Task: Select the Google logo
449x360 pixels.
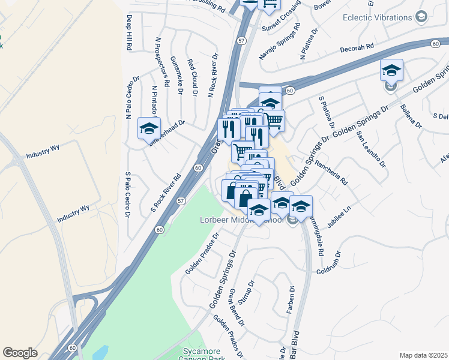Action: pyautogui.click(x=20, y=353)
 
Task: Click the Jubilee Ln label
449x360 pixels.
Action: pyautogui.click(x=339, y=218)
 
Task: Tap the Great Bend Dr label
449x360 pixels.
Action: pyautogui.click(x=237, y=307)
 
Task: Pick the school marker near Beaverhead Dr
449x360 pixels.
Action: pyautogui.click(x=149, y=128)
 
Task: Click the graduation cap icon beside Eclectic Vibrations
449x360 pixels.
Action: pyautogui.click(x=422, y=17)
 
